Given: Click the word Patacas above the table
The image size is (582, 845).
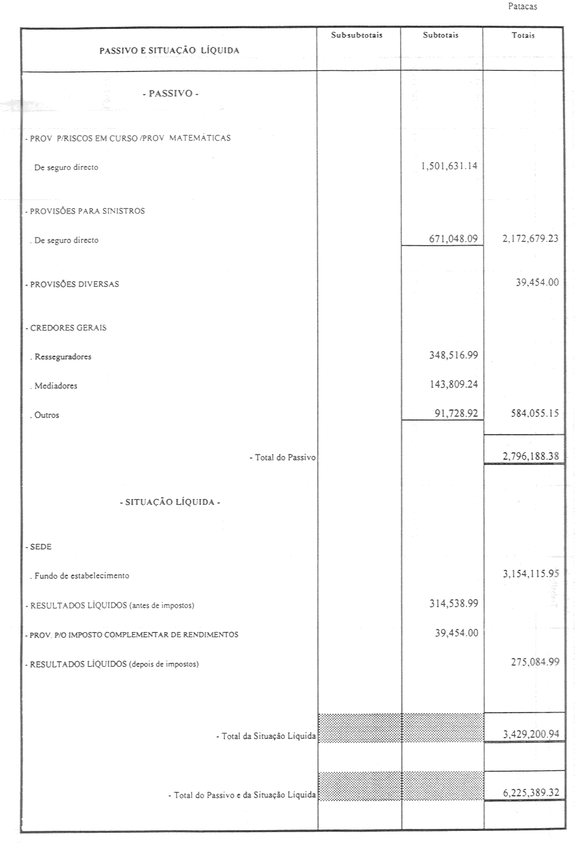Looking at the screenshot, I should [x=522, y=6].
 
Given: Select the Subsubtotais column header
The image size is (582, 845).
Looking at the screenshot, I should [x=356, y=35].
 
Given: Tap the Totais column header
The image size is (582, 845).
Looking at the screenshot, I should [x=523, y=35].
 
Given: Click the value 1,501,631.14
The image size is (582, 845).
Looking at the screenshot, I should [x=450, y=166].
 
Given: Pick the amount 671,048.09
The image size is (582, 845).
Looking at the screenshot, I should [x=453, y=239].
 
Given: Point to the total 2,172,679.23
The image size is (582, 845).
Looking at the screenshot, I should [x=530, y=239].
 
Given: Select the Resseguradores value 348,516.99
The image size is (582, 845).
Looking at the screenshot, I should [x=453, y=355].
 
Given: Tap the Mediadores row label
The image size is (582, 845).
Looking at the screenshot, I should [x=55, y=386].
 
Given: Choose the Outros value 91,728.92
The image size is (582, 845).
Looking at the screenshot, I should [x=456, y=414].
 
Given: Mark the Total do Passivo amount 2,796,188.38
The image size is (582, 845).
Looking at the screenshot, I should [x=531, y=456].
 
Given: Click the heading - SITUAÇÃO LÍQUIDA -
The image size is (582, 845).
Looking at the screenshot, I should [x=170, y=502].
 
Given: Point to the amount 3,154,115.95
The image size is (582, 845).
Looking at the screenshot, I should [x=531, y=574].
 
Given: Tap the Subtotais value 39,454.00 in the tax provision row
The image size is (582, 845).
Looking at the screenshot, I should [x=456, y=633].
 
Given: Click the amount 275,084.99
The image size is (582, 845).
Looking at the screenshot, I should [x=534, y=662].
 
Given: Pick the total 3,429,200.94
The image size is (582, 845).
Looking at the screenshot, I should [x=531, y=734].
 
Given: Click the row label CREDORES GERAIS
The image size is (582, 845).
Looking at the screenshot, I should [x=66, y=327].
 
